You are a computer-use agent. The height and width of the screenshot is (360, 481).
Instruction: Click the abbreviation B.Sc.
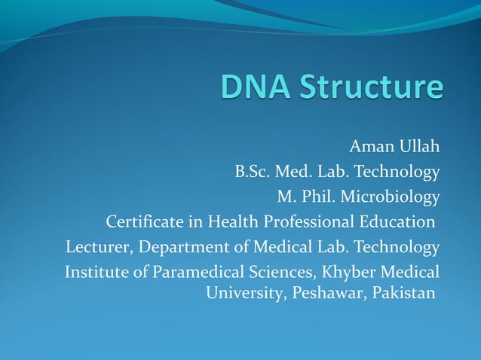coord(253,172)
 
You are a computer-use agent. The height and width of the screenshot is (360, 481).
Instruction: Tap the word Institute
coord(97,272)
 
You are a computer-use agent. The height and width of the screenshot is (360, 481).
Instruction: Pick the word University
coord(243,292)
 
